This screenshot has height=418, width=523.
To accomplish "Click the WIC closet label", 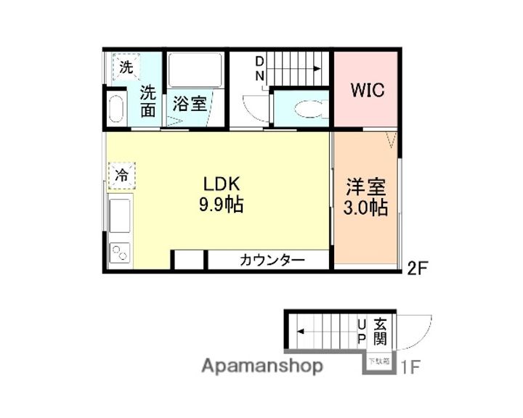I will pyautogui.click(x=367, y=91).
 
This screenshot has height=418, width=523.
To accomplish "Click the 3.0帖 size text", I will pyautogui.click(x=365, y=208).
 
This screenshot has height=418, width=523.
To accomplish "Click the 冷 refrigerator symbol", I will pyautogui.click(x=122, y=175).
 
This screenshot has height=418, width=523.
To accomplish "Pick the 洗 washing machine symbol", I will pyautogui.click(x=126, y=68).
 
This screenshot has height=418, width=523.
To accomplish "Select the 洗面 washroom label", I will pyautogui.click(x=148, y=102).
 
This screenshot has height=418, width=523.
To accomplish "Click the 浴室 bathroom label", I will pyautogui.click(x=190, y=104).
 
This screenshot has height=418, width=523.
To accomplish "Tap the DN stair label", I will pyautogui.click(x=259, y=69).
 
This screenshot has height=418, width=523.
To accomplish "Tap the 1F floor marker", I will pyautogui.click(x=410, y=367).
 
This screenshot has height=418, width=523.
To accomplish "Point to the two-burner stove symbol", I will pyautogui.click(x=118, y=253).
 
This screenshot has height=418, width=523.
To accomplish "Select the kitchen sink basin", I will pyautogui.click(x=119, y=215).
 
